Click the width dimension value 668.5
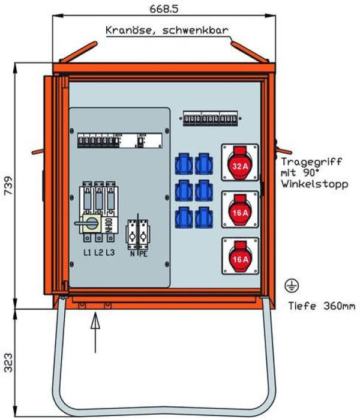(161, 8)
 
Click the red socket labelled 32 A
(240, 162)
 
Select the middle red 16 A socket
(240, 209)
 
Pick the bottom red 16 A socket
(240, 258)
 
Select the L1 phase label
(87, 253)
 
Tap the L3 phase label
(110, 253)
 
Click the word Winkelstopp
(314, 184)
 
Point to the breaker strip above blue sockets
(210, 118)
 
